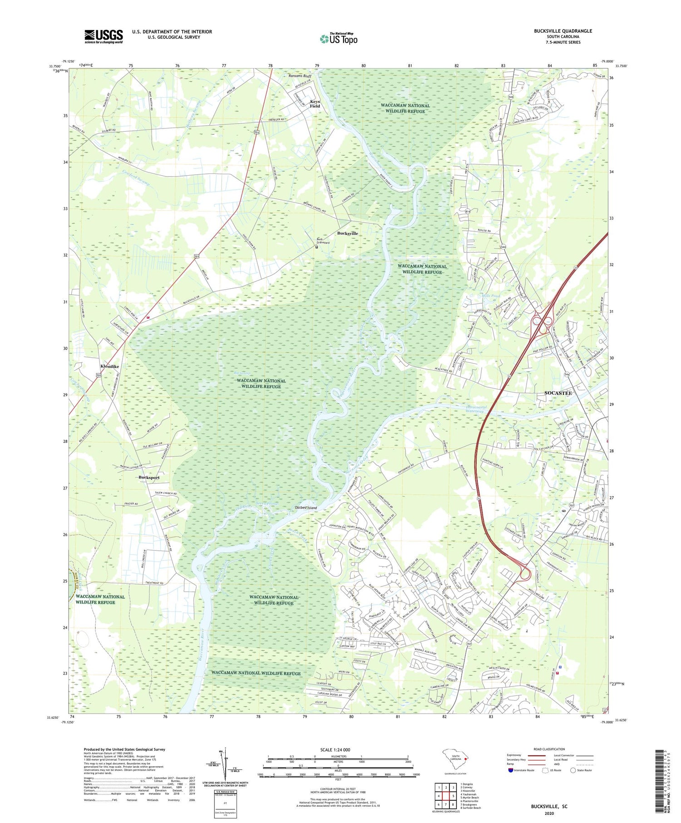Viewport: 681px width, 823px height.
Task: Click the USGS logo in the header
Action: pyautogui.click(x=104, y=36)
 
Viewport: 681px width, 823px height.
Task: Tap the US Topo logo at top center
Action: pyautogui.click(x=338, y=39)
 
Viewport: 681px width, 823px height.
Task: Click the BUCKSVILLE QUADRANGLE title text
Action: pyautogui.click(x=563, y=31)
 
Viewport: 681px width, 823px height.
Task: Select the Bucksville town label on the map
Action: pyautogui.click(x=347, y=233)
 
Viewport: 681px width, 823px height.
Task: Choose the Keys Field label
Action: pyautogui.click(x=315, y=104)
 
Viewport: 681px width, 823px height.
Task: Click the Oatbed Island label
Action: pyautogui.click(x=302, y=508)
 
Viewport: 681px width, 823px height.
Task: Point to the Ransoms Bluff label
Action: pyautogui.click(x=302, y=76)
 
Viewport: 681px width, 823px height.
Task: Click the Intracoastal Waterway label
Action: pyautogui.click(x=476, y=409)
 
